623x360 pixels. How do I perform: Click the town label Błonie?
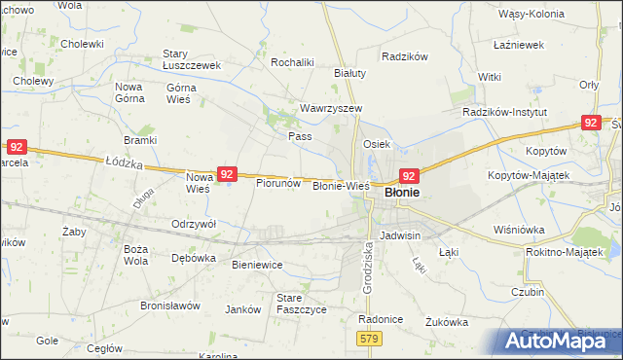tap(402, 193)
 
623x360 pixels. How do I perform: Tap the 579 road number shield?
tap(367, 338)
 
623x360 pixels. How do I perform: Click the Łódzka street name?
tap(124, 165)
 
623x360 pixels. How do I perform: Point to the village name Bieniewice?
tap(256, 264)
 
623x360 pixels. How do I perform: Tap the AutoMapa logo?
tap(556, 341)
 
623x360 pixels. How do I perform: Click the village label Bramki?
tap(140, 140)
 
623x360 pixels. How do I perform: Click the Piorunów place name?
tap(276, 182)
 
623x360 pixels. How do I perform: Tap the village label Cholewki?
tap(82, 44)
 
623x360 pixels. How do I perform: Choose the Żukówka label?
tap(447, 321)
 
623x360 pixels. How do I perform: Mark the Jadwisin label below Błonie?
tap(400, 235)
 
